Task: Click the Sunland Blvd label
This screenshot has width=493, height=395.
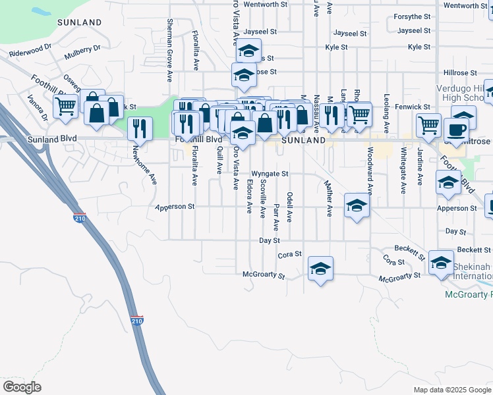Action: point(52,139)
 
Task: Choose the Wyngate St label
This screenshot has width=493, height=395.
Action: point(270,174)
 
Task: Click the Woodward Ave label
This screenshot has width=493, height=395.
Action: point(370,175)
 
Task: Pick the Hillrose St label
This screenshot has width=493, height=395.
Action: point(454,72)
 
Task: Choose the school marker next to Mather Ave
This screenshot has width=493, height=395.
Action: point(357,206)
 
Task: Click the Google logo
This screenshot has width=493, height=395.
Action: point(22,387)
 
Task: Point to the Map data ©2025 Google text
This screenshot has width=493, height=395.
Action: point(451,390)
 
